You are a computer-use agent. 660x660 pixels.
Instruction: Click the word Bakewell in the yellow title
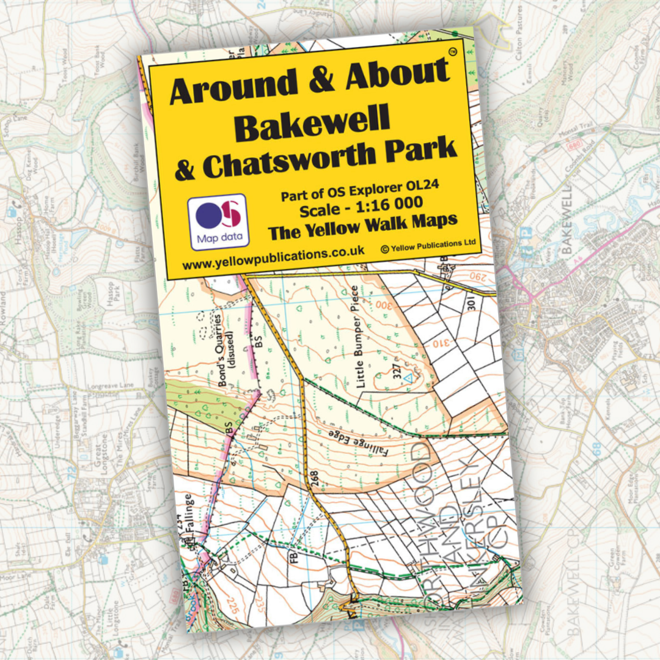312,123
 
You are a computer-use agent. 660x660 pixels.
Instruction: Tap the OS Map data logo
218,222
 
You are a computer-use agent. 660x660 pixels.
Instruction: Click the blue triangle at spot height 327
410,380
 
